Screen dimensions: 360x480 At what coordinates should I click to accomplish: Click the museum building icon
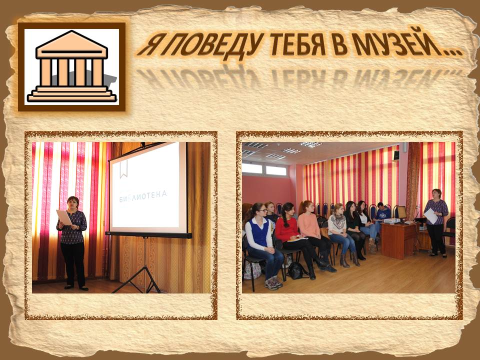(x=72, y=66)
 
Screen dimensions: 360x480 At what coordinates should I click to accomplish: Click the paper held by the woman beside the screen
(x=63, y=217)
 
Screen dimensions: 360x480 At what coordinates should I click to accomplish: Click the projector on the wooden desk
(x=392, y=220)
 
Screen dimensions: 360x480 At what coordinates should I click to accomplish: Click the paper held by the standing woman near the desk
(x=430, y=216)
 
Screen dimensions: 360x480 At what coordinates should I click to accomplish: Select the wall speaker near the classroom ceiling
(x=396, y=155)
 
